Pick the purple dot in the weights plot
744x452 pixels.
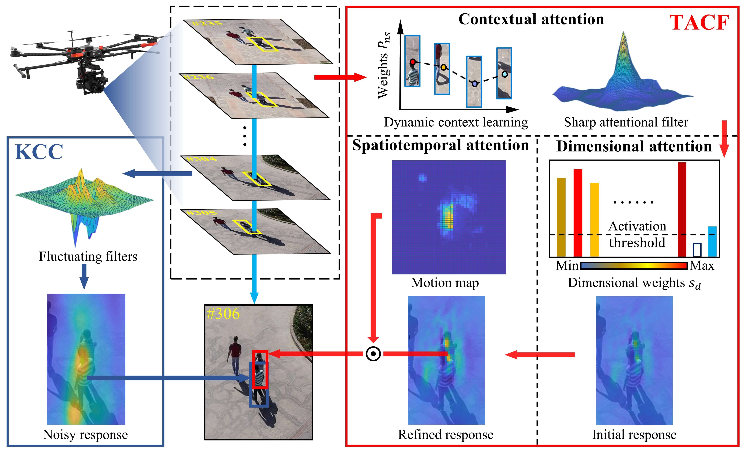475,84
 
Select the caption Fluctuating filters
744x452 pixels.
88,257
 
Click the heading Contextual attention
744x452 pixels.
531,19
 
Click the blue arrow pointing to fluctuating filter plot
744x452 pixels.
157,173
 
